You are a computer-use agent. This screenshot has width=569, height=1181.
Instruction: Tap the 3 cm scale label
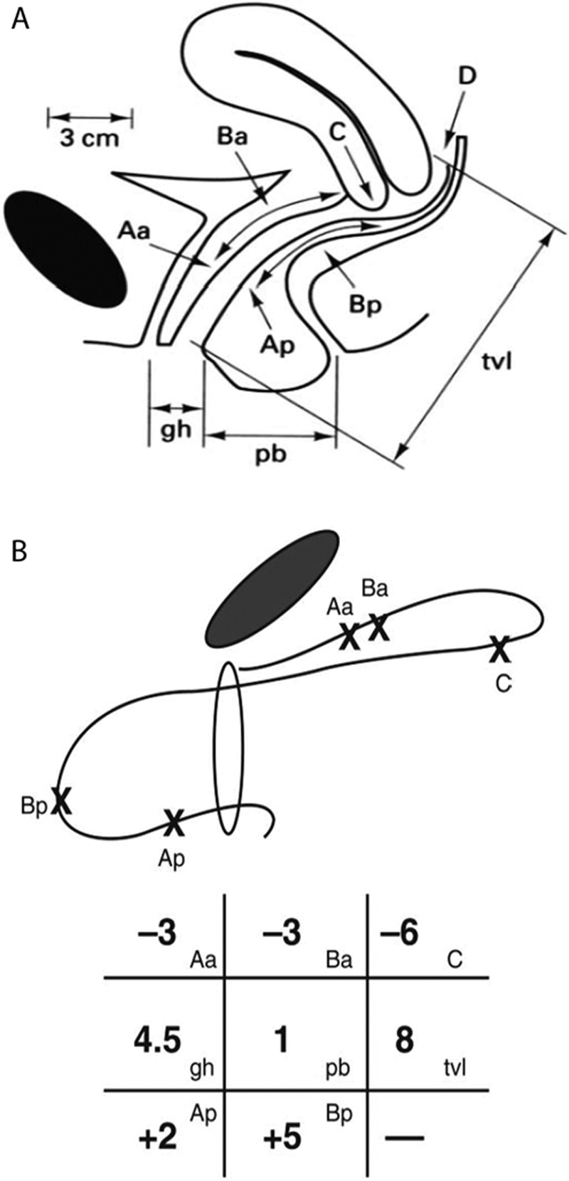90,138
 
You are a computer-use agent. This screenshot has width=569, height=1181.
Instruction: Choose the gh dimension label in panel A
174,430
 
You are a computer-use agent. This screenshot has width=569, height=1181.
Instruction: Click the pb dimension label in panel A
270,454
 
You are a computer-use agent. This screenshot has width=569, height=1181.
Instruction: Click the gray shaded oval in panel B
270,588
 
